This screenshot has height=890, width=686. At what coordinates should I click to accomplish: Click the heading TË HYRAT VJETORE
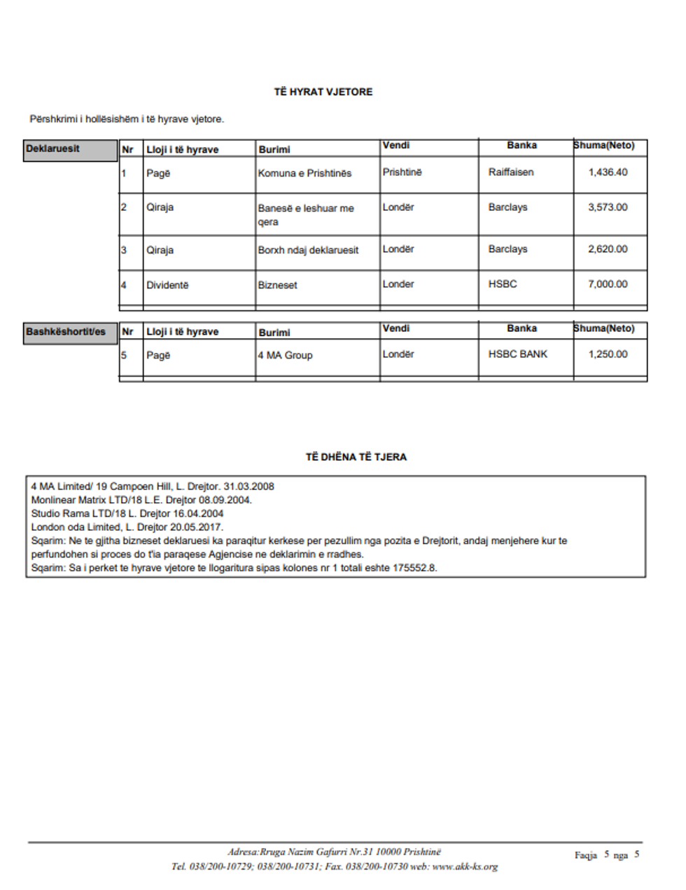(323, 92)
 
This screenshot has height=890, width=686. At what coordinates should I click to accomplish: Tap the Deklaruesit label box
(70, 150)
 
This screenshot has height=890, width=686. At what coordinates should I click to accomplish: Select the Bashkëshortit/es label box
(70, 333)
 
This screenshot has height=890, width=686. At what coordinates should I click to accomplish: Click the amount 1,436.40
(608, 172)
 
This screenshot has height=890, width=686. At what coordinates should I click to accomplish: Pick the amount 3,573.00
(608, 207)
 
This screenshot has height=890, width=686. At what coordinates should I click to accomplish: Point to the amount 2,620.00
(608, 249)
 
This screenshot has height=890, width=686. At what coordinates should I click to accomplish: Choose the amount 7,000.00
(608, 284)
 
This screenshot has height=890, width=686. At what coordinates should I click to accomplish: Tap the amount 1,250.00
(608, 354)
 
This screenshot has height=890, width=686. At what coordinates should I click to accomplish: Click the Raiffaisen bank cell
(511, 172)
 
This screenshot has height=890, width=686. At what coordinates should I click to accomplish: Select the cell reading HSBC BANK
(518, 354)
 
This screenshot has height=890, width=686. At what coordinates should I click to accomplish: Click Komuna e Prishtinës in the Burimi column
(304, 174)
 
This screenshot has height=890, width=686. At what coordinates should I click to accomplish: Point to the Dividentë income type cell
(167, 286)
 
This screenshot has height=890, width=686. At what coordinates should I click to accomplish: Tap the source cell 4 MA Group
(285, 356)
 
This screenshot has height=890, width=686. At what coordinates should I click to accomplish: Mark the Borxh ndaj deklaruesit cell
(308, 250)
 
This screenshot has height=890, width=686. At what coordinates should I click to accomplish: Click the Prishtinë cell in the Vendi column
(402, 172)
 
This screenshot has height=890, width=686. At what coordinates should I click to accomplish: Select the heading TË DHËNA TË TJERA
(356, 457)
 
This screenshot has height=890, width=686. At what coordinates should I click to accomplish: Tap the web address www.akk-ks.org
(465, 867)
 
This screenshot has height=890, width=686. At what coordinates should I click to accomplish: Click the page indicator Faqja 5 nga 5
(607, 855)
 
